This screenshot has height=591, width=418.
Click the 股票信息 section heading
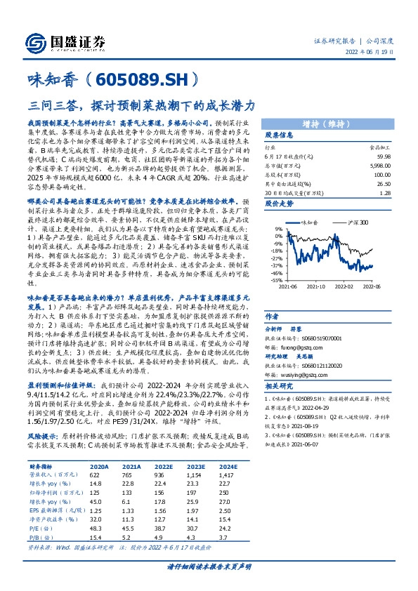point(279,135)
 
